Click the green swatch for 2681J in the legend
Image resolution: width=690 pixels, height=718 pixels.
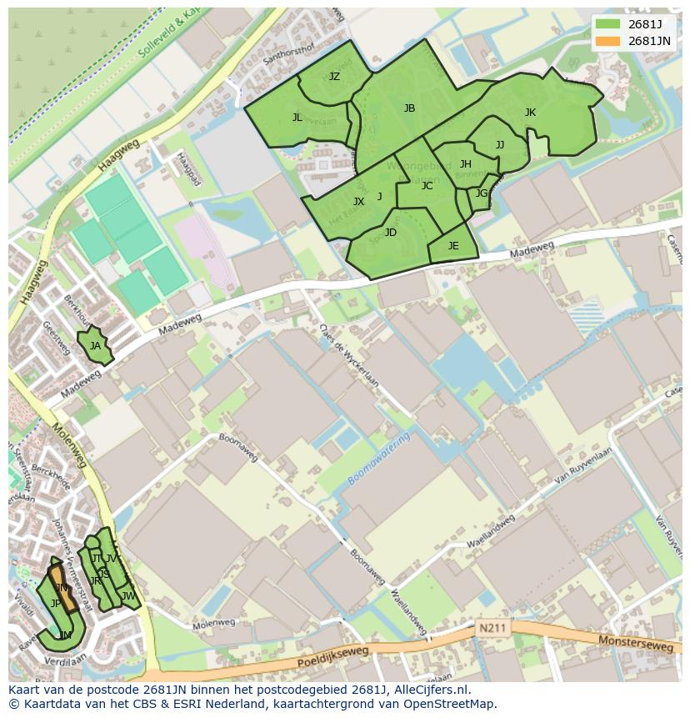click(x=607, y=23)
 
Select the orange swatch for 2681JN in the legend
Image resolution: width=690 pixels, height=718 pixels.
click(x=607, y=40)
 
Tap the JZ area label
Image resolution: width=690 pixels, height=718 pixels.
click(x=334, y=77)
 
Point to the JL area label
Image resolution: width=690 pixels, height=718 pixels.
click(x=297, y=118)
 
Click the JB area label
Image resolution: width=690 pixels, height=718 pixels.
click(x=409, y=108)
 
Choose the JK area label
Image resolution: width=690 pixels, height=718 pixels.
click(x=530, y=113)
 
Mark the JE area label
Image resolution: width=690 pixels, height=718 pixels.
click(x=453, y=245)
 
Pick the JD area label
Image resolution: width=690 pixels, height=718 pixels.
click(x=391, y=233)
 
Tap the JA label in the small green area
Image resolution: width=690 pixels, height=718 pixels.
click(x=95, y=345)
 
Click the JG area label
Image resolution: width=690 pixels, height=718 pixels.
click(x=482, y=193)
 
